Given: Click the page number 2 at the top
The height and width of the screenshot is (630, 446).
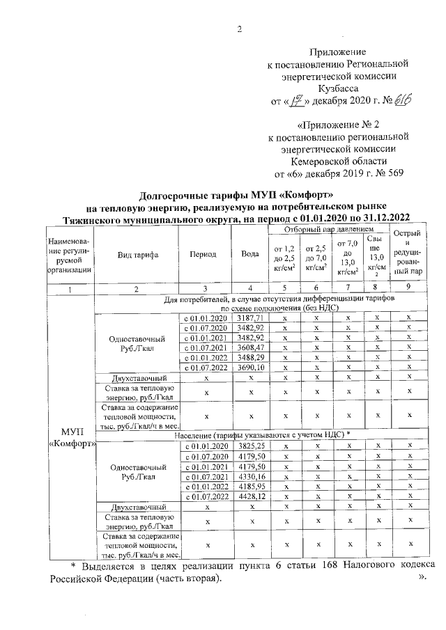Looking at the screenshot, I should (x=240, y=29).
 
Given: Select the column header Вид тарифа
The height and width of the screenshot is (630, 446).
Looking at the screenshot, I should (x=136, y=255).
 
